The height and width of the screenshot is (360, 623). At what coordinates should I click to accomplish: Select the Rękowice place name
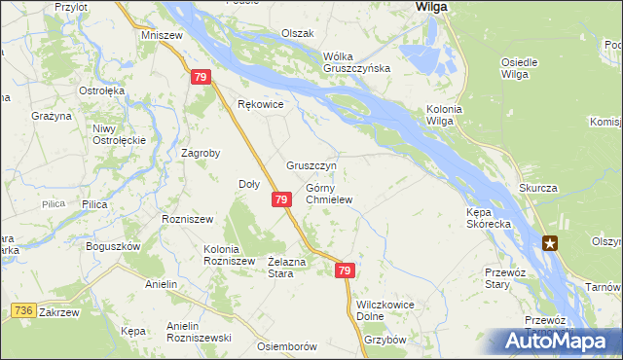[x=260, y=105]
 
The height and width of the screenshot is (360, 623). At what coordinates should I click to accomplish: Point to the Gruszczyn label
[x=311, y=165]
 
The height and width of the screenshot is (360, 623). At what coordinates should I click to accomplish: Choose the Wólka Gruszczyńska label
[x=356, y=61]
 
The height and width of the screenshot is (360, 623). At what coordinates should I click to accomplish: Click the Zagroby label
[x=202, y=153]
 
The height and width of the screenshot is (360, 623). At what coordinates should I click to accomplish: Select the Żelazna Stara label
[x=287, y=267]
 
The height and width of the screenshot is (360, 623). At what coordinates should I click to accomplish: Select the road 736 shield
[x=24, y=310]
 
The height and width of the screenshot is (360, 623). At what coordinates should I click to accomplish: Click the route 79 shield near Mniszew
[x=201, y=77]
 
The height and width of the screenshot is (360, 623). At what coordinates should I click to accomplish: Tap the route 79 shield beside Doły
[x=281, y=199]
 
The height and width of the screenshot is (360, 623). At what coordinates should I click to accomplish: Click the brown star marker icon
[x=552, y=243]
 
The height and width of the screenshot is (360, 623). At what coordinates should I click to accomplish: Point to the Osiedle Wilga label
[x=520, y=67]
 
